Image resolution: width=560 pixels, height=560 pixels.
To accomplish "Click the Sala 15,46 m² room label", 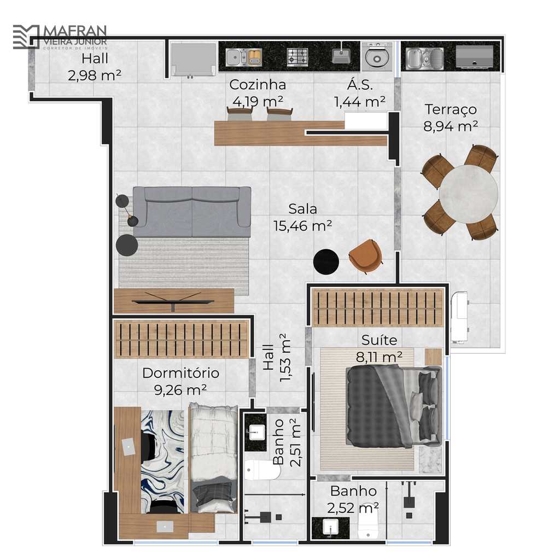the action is coord(302,217).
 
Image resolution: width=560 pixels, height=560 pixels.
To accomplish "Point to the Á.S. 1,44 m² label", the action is coord(360,94).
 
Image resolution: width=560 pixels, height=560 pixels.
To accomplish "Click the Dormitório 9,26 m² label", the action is coord(180,381).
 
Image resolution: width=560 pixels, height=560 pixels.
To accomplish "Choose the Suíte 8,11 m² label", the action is coord(380,348).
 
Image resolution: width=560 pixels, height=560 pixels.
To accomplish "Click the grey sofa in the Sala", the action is coord(192,212).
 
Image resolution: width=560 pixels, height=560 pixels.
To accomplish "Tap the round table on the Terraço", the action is coord(468,194).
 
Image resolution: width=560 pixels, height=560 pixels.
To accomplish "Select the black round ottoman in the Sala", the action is coord(326,262).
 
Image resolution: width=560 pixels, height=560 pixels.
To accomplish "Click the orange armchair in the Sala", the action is coord(365,255).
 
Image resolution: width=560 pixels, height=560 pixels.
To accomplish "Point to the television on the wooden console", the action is coord(173,300).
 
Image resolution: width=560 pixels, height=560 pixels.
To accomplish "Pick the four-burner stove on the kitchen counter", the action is coord(297,57).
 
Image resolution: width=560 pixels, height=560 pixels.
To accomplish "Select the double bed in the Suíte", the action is coord(394,406).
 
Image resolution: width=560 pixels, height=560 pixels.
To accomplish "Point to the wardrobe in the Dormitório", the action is coord(181,339).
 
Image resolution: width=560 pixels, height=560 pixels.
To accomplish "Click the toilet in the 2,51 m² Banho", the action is coord(262,470).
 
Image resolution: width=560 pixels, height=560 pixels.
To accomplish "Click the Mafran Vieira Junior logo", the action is coord(60,37).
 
